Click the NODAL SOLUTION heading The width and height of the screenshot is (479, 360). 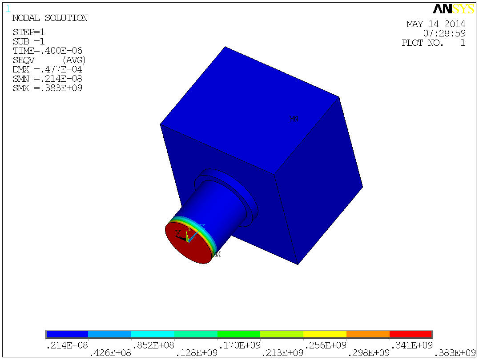tap(50, 18)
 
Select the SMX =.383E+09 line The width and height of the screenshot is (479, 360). tap(48, 88)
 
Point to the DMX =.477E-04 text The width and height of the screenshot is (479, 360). tap(48, 69)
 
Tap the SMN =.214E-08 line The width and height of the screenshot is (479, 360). tap(48, 79)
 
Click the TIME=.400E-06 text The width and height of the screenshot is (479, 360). tap(48, 51)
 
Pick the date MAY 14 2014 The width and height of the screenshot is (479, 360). tap(436, 24)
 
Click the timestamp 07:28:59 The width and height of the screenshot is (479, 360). tap(444, 33)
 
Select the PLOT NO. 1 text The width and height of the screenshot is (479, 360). tap(433, 43)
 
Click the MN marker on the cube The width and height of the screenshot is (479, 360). tap(294, 119)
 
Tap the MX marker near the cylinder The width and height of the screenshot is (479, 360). tap(216, 254)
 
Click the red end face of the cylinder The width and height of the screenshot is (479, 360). tap(187, 247)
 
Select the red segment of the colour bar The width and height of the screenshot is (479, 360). tap(411, 334)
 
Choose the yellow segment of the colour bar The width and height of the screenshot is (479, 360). tap(325, 334)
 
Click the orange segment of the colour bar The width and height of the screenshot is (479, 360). tap(368, 334)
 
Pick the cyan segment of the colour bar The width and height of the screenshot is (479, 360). tap(153, 334)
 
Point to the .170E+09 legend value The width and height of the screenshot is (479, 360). tap(238, 345)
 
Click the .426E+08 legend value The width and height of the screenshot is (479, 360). tap(109, 353)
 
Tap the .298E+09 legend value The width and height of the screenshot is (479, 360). tap(367, 353)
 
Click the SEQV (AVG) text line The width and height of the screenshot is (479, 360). tap(49, 60)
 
